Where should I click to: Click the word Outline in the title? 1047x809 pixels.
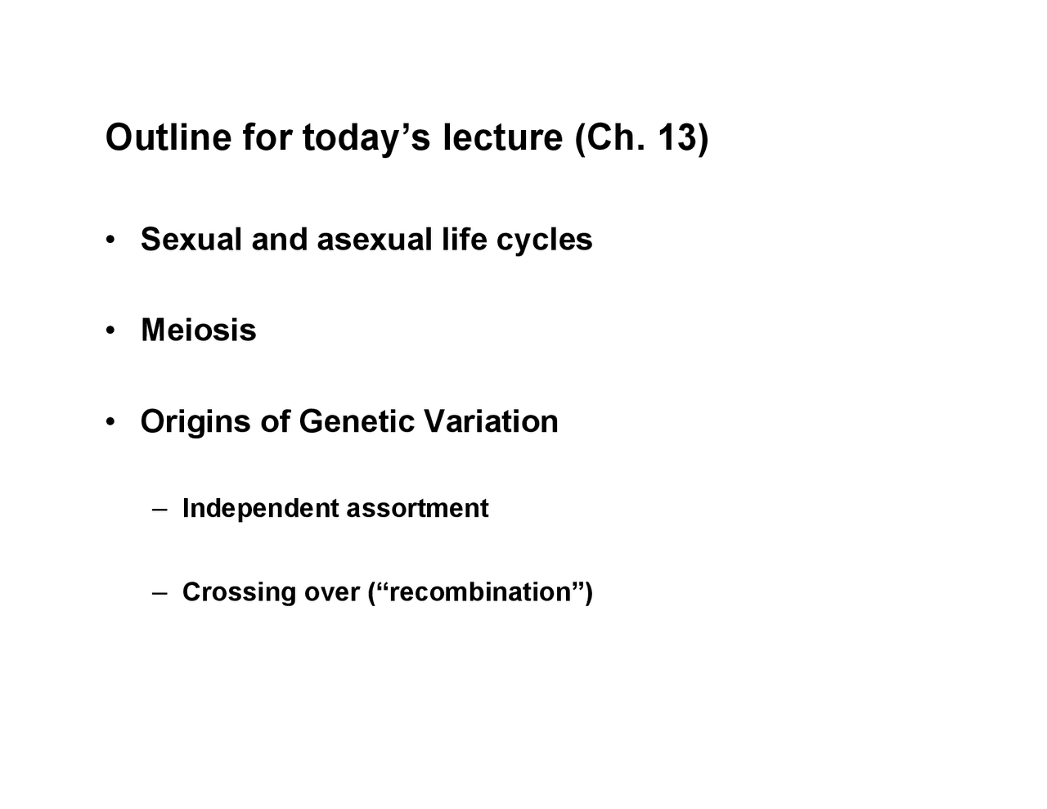(x=169, y=137)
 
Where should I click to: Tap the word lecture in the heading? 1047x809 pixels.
(x=502, y=137)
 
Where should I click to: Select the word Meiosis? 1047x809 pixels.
(x=199, y=330)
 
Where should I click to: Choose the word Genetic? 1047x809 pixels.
(x=357, y=421)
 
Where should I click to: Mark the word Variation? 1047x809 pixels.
(x=492, y=421)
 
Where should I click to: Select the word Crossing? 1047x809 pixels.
(x=239, y=593)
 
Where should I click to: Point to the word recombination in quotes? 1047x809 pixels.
(x=480, y=592)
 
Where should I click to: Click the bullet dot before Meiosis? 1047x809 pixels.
(x=110, y=330)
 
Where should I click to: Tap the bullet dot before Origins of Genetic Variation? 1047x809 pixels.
(x=110, y=421)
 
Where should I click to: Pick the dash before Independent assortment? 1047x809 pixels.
(x=160, y=510)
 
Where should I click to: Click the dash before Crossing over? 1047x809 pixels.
(x=160, y=593)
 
